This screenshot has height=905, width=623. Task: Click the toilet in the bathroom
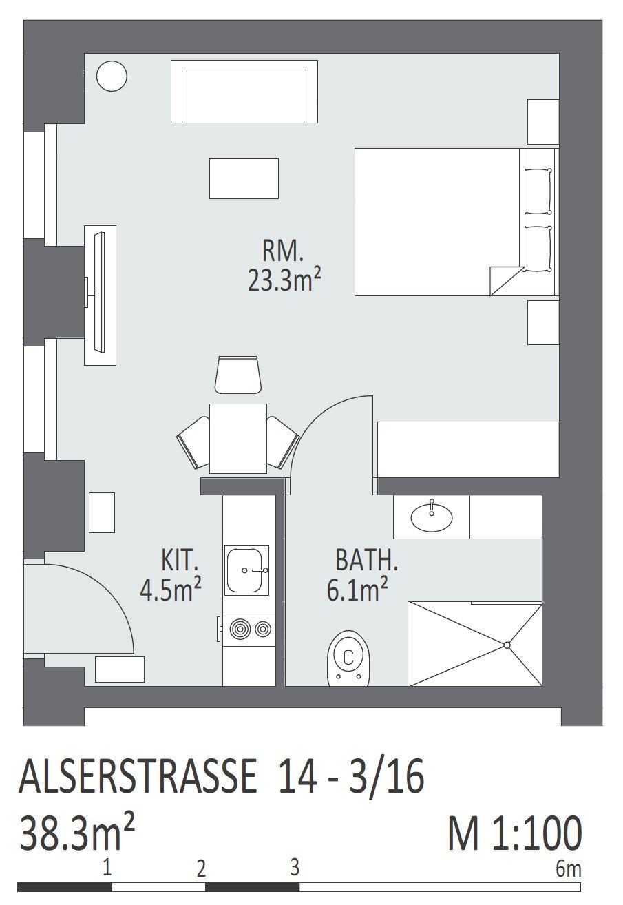349,658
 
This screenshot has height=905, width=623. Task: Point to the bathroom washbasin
431,517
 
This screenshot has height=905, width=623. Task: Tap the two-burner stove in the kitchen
249,629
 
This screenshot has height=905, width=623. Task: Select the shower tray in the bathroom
475,644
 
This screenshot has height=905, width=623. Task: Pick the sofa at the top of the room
244,92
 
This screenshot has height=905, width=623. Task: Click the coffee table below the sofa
244,178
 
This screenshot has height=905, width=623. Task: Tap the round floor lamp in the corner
112,76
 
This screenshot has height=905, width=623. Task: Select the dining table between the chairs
237,438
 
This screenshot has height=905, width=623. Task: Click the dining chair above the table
237,375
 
